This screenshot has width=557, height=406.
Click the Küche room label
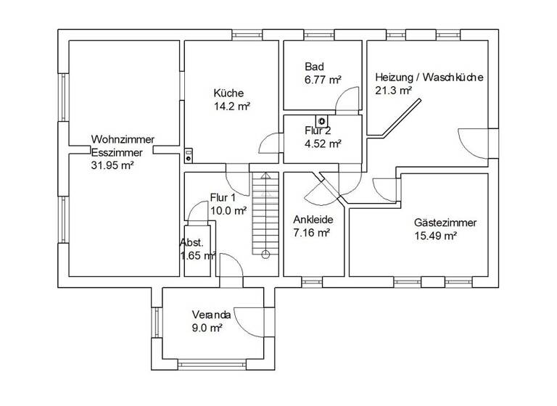(x=228, y=93)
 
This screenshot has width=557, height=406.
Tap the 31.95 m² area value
(x=112, y=165)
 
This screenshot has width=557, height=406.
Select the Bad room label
(x=314, y=66)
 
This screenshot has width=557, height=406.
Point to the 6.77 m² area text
(x=323, y=79)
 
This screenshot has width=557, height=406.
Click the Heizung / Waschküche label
(x=429, y=78)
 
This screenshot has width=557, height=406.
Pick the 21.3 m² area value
(x=393, y=91)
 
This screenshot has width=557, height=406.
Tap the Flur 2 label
(x=318, y=131)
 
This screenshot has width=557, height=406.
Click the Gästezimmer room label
(x=445, y=223)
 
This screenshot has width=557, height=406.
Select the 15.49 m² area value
(x=435, y=236)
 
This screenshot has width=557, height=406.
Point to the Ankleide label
(x=312, y=220)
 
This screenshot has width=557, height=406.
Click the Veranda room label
(x=211, y=315)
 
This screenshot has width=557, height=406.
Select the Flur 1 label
(x=223, y=197)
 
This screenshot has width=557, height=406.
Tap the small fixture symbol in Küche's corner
(x=188, y=154)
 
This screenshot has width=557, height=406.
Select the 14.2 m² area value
(x=232, y=106)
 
